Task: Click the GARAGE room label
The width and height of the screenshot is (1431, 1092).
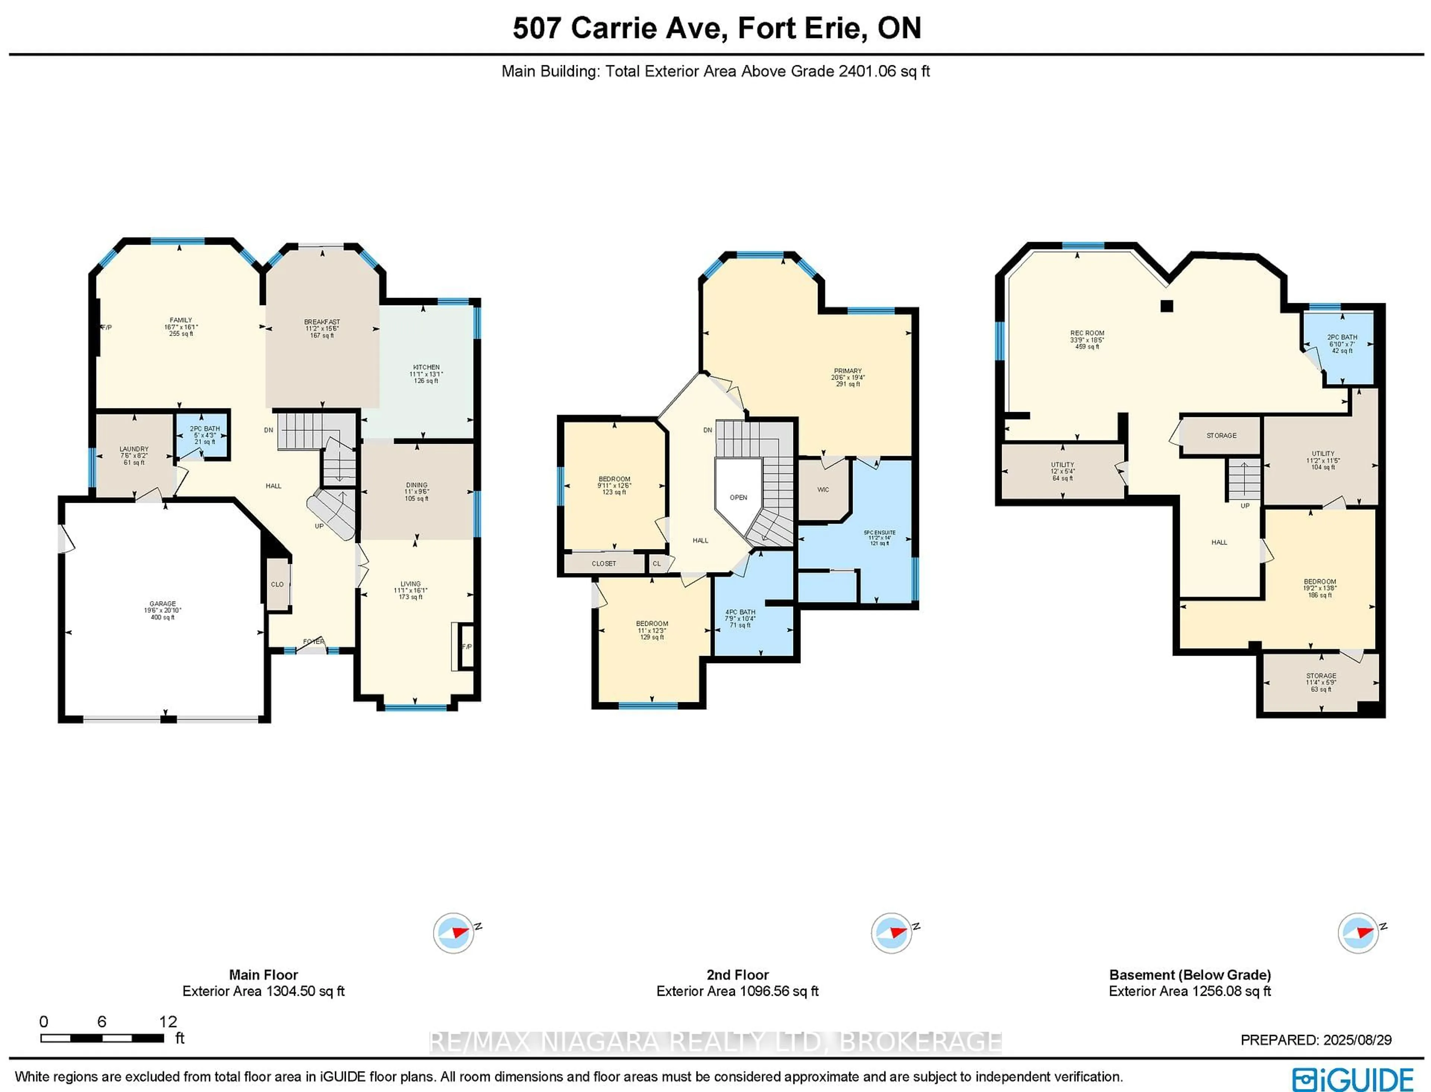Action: click(162, 604)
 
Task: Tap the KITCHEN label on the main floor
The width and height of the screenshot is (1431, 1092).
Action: click(426, 367)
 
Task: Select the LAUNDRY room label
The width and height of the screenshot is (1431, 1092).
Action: click(134, 449)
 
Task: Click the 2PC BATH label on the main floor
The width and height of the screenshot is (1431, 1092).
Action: click(205, 429)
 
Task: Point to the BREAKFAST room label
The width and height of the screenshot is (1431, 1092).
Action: click(322, 322)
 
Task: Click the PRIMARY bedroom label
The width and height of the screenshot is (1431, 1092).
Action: click(848, 370)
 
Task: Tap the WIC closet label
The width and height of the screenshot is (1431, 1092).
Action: click(823, 489)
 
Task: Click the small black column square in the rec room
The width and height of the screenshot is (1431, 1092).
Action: click(1167, 305)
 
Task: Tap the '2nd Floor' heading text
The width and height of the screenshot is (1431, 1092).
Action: click(737, 975)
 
